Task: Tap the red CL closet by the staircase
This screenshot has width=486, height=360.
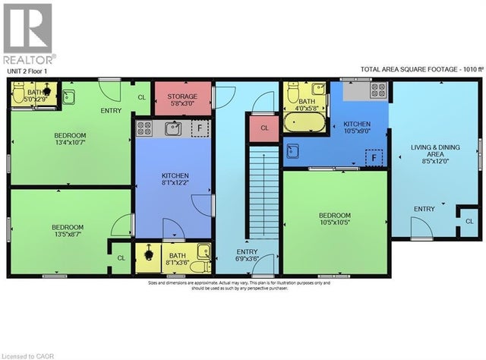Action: [264, 128]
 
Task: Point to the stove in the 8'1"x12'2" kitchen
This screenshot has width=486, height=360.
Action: [144, 127]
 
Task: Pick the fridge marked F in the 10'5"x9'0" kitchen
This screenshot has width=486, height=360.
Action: [372, 157]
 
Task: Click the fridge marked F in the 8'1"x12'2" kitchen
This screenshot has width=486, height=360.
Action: [200, 128]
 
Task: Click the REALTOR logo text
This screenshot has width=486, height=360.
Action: [29, 58]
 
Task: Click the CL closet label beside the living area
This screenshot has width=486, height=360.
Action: [469, 220]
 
